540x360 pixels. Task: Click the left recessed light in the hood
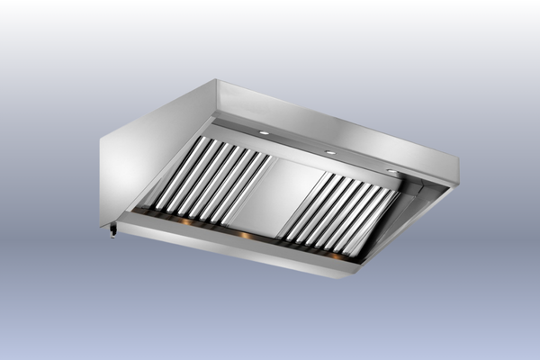click(x=264, y=133)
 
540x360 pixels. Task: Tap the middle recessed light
click(x=330, y=152)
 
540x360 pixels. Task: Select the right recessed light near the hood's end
click(x=393, y=171)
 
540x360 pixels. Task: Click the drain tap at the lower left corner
click(x=112, y=233)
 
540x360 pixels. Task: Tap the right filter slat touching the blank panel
click(x=297, y=203)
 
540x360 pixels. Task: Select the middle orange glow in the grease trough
click(x=245, y=236)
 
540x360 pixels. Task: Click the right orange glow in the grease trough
click(x=335, y=256)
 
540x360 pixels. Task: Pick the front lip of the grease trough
click(x=225, y=247)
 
